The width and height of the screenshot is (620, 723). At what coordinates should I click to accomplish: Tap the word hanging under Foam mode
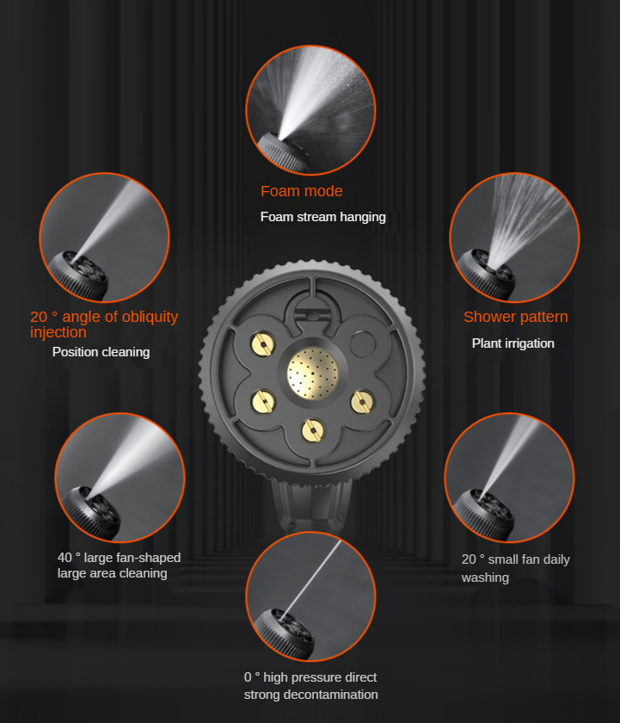point(362,217)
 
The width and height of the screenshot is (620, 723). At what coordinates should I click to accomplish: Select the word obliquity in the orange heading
point(150,317)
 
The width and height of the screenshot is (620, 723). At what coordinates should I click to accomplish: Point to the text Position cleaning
point(101,352)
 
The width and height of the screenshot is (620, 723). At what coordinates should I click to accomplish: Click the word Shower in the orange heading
point(489,317)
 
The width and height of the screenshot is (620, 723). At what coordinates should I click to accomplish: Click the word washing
point(485,578)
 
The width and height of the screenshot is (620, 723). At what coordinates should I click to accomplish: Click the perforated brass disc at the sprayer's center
point(313,373)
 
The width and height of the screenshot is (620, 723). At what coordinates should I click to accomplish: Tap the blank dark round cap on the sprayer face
point(363,343)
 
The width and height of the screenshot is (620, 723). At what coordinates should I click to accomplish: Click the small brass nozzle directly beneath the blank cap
point(362,402)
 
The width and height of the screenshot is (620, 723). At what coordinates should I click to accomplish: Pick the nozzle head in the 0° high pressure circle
point(285,632)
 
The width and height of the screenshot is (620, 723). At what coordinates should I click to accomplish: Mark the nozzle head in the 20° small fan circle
point(483,514)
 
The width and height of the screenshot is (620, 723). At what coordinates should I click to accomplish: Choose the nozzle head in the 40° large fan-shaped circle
point(92,512)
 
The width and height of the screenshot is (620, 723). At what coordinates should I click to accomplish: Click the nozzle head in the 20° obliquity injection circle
point(78,275)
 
